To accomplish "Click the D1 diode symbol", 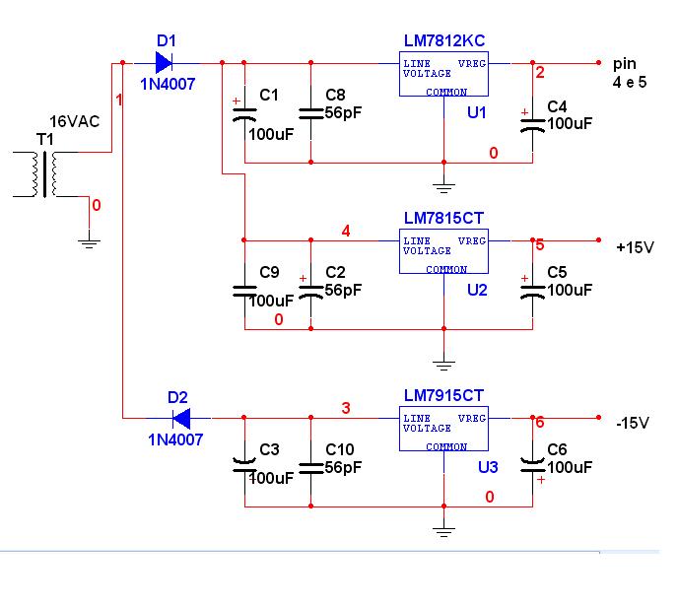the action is point(165,63).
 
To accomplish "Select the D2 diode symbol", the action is point(181,418).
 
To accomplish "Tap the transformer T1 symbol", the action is point(45,174).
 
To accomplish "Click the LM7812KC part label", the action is point(444,40).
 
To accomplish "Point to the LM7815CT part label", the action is point(443,218).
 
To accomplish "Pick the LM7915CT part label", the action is point(443,395).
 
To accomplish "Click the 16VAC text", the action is point(75,121).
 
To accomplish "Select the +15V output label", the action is point(635,247).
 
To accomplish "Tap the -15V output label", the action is point(633,423).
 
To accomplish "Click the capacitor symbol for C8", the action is point(310,113).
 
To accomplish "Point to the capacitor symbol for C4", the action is point(532,125).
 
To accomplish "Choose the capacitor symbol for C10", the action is point(310,468).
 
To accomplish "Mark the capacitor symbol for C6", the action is point(532,467).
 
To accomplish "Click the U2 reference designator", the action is point(477,290).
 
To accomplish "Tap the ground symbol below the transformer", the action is point(90,243).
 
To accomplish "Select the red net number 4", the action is point(346,231).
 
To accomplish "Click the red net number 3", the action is point(346,408).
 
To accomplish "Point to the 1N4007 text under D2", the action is point(175,439).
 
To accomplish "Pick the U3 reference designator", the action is point(488,467).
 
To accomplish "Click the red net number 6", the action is point(540,422).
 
